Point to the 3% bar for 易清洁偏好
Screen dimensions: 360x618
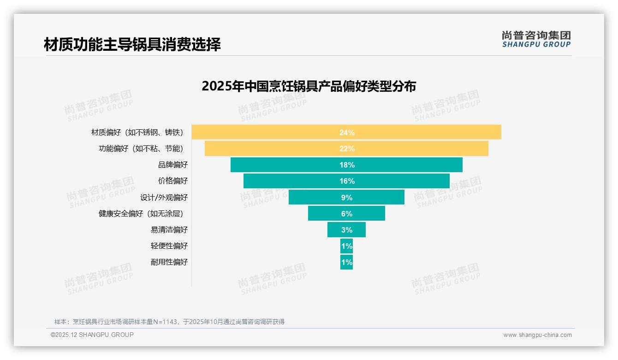[x=346, y=230]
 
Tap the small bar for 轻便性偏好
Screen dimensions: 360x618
[x=346, y=246]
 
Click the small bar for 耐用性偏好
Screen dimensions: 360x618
[x=346, y=262]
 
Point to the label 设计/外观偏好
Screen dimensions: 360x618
[x=164, y=198]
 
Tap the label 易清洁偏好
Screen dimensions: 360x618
[x=169, y=230]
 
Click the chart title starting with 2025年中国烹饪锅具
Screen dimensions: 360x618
[x=309, y=86]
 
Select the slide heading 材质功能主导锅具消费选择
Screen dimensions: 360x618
[x=132, y=44]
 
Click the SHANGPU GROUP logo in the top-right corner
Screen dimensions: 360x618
[x=536, y=39]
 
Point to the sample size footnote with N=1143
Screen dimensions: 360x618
[x=169, y=322]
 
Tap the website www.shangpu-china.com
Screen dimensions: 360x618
[x=537, y=335]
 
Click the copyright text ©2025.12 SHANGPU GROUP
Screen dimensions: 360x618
[x=92, y=335]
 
